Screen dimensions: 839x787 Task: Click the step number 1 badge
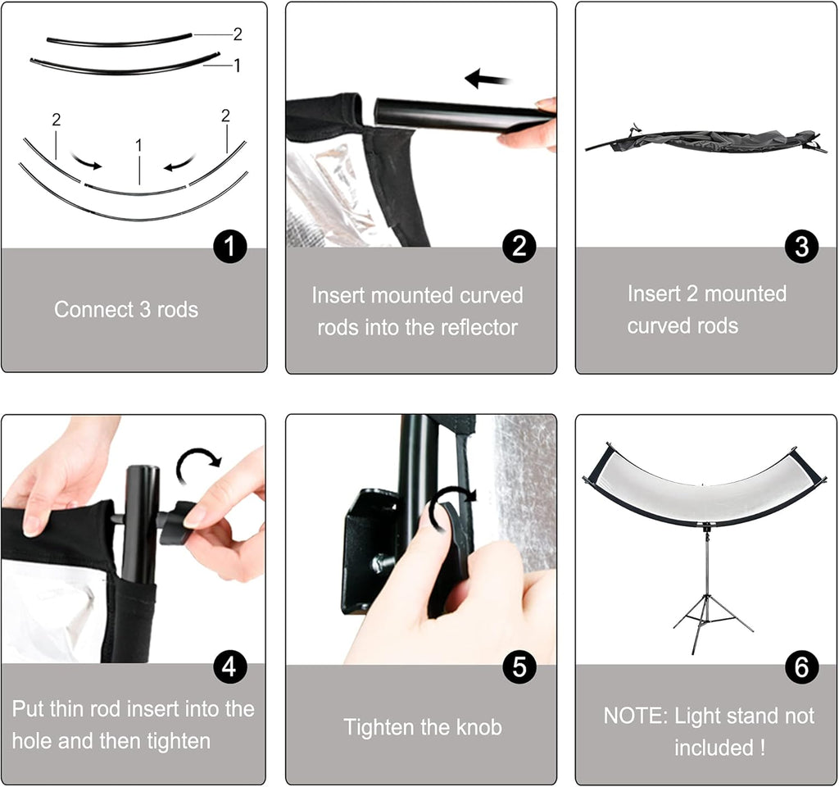pyautogui.click(x=229, y=246)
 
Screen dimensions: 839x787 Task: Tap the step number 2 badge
pyautogui.click(x=519, y=246)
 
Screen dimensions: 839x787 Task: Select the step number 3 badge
pyautogui.click(x=801, y=246)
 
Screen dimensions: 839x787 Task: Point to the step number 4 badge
pyautogui.click(x=229, y=667)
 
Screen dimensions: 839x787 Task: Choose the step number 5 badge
pyautogui.click(x=519, y=667)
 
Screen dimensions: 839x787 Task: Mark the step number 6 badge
pyautogui.click(x=801, y=667)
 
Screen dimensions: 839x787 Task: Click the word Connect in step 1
pyautogui.click(x=93, y=309)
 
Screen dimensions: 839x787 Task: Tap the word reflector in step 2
pyautogui.click(x=478, y=327)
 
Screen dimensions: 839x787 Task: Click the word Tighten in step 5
pyautogui.click(x=379, y=728)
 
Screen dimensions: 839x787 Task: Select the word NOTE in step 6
pyautogui.click(x=636, y=716)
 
